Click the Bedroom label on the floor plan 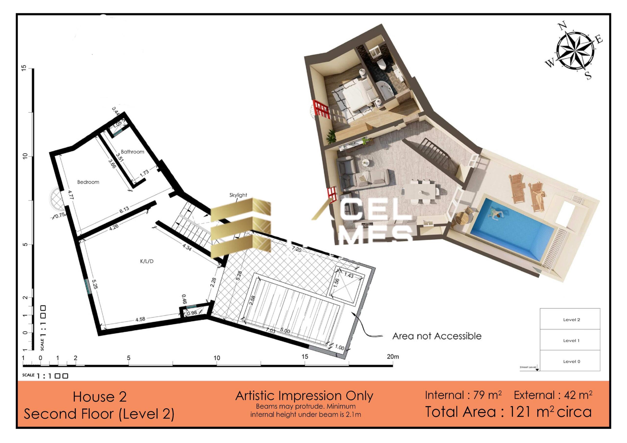click(x=88, y=182)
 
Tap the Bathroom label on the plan click(x=133, y=152)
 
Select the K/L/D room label click(x=147, y=261)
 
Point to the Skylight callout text click(x=238, y=195)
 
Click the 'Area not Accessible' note click(x=437, y=336)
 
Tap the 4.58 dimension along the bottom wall click(x=140, y=319)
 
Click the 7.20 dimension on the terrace click(x=297, y=249)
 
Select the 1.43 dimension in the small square click(x=349, y=275)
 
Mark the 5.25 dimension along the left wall click(x=95, y=284)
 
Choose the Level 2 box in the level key click(x=571, y=320)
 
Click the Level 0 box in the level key click(x=571, y=361)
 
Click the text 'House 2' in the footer click(x=100, y=396)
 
